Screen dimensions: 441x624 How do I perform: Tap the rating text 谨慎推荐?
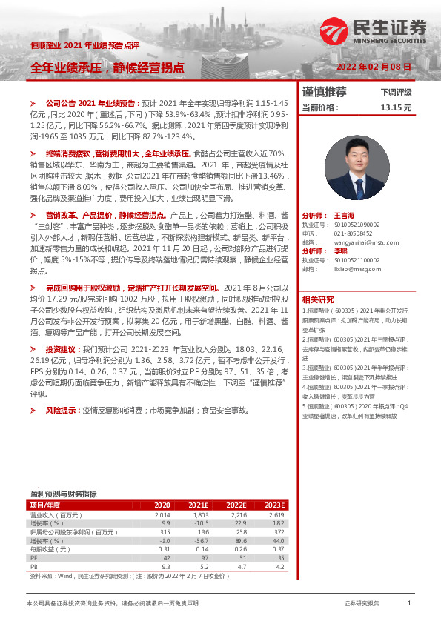pos(324,92)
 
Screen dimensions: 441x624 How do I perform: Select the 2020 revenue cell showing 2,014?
pos(162,514)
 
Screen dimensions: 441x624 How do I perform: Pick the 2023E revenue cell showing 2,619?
pos(276,514)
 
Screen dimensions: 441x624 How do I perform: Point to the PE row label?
pos(33,558)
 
